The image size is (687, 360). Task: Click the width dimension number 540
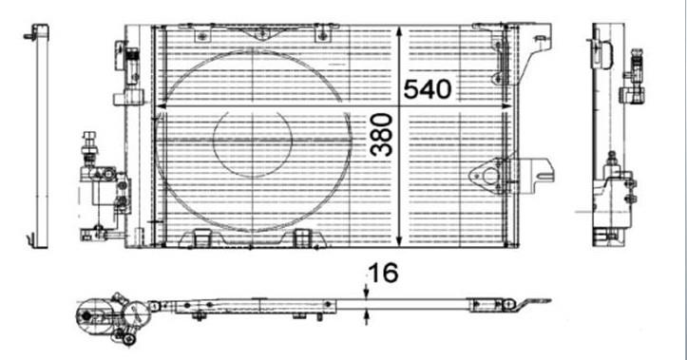click(428, 89)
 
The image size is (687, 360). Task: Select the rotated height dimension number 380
click(381, 135)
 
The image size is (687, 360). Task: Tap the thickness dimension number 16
click(383, 273)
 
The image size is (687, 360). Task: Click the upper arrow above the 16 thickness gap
click(366, 292)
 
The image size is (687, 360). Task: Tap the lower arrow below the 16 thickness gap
click(366, 317)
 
